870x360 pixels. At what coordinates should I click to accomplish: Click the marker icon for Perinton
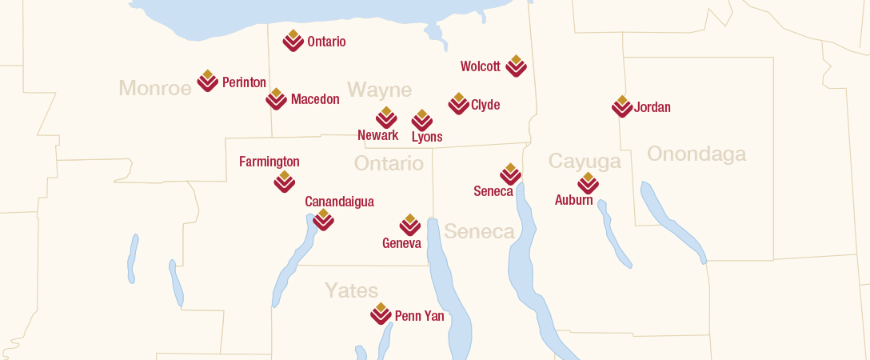(x=208, y=81)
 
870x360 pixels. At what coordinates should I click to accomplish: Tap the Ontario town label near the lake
(x=326, y=42)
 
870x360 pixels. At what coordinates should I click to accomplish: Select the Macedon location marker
(x=276, y=98)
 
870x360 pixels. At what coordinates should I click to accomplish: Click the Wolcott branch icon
(x=516, y=66)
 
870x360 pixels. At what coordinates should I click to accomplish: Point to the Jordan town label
(x=652, y=107)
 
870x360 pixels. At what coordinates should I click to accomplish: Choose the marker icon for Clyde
(x=458, y=103)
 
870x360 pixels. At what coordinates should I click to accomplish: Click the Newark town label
(x=377, y=135)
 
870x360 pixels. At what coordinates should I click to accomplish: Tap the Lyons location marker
(x=421, y=120)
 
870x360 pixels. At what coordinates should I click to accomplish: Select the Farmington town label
(x=269, y=162)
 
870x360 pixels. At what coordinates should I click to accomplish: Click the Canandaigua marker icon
(x=323, y=219)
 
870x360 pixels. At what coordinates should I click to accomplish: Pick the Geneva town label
(x=401, y=243)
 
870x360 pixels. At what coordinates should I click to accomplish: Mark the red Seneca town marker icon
(x=510, y=174)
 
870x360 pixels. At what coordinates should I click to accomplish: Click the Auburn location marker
(x=588, y=183)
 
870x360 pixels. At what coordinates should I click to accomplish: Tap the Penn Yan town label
(x=419, y=316)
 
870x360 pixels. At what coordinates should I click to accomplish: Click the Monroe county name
(x=155, y=88)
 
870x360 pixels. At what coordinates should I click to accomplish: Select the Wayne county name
(x=379, y=90)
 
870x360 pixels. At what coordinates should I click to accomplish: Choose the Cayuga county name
(x=584, y=162)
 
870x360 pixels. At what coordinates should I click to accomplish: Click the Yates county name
(x=351, y=290)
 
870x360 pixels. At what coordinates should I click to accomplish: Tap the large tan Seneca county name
(x=479, y=232)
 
